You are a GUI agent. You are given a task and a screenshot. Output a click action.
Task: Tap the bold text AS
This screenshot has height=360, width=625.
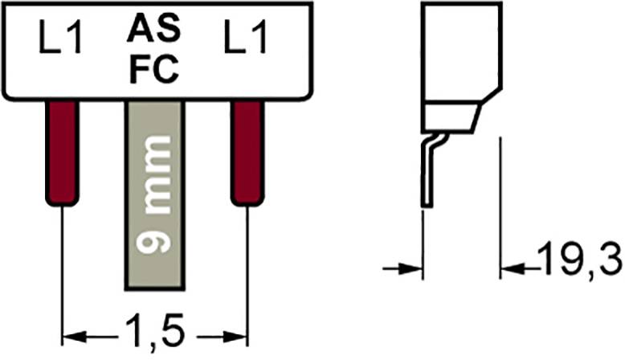[x=153, y=32]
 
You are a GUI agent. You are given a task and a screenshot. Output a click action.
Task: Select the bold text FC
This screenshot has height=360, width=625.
[x=153, y=71]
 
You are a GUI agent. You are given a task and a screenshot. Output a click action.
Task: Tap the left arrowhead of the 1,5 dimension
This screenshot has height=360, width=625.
[x=72, y=332]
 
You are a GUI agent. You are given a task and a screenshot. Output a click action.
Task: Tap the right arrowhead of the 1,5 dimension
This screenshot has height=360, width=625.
[x=235, y=332]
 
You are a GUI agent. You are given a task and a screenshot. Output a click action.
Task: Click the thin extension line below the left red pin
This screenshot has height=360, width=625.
[x=62, y=265]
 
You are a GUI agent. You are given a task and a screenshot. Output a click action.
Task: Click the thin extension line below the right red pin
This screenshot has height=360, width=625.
[x=247, y=265]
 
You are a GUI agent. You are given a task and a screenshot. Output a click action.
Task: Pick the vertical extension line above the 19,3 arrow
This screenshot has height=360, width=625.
[x=501, y=193]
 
